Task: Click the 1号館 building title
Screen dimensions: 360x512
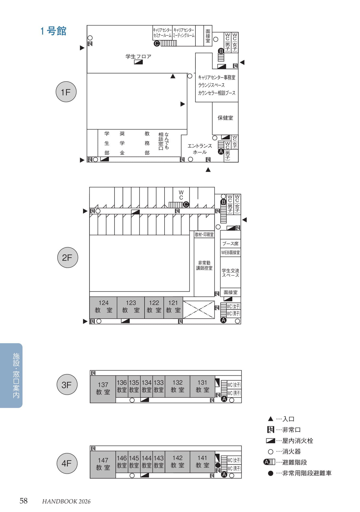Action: coord(53,31)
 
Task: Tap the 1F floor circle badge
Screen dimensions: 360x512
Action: coord(66,92)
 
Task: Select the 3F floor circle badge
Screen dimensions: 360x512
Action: coord(67,385)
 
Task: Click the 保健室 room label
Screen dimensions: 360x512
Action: coord(225,118)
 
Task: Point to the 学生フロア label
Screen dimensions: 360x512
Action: coord(138,56)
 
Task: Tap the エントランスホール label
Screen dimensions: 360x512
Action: coord(200,149)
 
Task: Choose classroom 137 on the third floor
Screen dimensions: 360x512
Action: coord(103,389)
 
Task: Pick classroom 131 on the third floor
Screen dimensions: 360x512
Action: coord(202,386)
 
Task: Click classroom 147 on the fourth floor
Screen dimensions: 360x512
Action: coord(103,464)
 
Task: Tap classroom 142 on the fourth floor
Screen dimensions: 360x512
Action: coord(177,462)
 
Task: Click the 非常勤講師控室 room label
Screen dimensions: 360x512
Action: coord(204,265)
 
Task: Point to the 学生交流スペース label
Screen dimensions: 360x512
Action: coord(230,273)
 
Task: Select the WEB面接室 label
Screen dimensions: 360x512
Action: coord(230,252)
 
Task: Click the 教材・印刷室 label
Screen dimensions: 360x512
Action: coord(204,234)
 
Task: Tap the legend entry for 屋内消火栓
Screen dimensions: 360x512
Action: coord(290,441)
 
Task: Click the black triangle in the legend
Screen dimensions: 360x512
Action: coord(270,419)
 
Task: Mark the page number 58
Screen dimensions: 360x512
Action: coord(23,501)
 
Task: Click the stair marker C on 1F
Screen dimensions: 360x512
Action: coord(157,43)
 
